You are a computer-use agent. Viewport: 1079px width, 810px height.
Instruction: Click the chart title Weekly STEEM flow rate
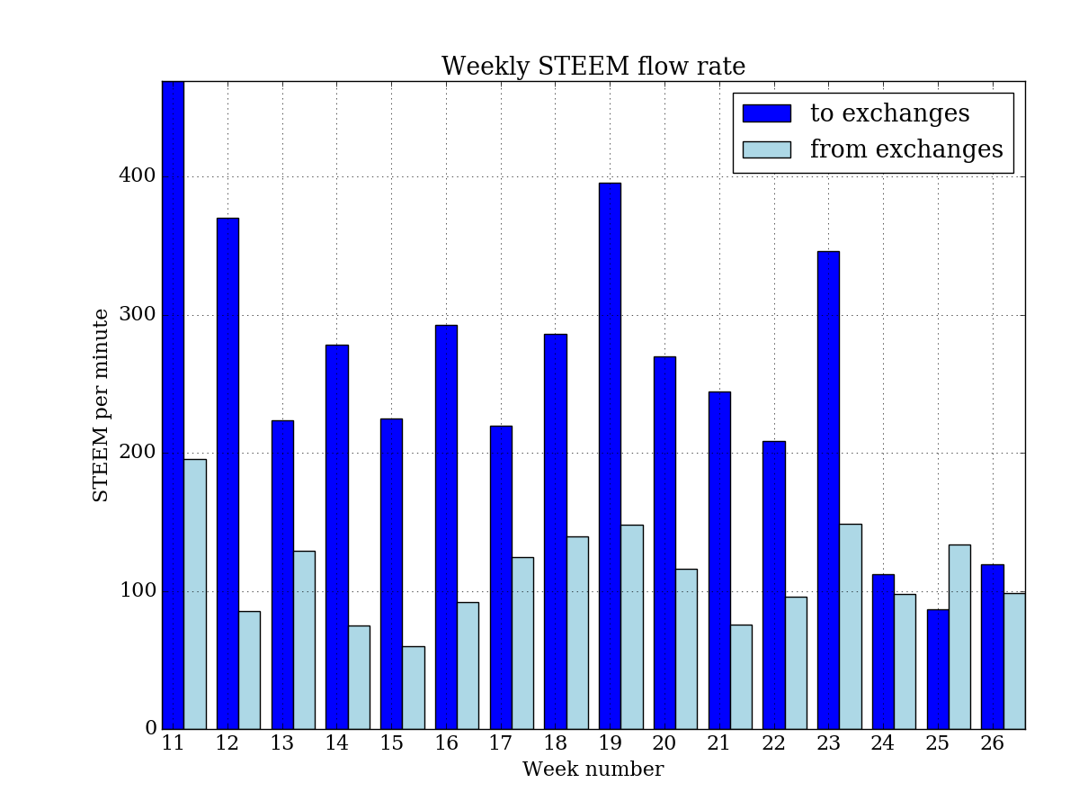pos(593,67)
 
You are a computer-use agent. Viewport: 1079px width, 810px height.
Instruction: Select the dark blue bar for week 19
pos(610,455)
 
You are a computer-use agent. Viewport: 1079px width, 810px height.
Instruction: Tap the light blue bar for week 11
pos(195,594)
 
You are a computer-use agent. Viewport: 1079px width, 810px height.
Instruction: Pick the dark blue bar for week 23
pos(828,490)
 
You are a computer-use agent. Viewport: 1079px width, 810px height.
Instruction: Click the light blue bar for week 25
pos(959,636)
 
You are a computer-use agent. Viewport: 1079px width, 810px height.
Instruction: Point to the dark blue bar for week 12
pos(227,473)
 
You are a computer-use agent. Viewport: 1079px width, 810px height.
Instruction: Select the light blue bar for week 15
pos(414,688)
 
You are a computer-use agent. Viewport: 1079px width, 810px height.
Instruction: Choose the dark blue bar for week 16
pos(446,526)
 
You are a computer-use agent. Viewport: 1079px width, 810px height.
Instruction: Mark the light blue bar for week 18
pos(577,633)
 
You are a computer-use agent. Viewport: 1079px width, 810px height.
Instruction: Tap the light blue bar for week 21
pos(741,677)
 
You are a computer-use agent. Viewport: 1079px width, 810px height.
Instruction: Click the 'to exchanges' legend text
pos(889,114)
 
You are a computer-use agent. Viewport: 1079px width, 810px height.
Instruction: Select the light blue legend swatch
pos(766,149)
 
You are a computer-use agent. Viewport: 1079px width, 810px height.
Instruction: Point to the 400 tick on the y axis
pos(138,176)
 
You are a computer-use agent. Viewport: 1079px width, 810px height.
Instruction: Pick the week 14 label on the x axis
pos(336,744)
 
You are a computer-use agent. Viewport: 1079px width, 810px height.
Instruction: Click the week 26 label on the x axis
pos(992,744)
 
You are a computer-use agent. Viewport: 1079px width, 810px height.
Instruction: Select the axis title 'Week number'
pos(593,770)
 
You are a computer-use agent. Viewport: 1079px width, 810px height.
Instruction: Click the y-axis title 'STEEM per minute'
pos(102,405)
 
